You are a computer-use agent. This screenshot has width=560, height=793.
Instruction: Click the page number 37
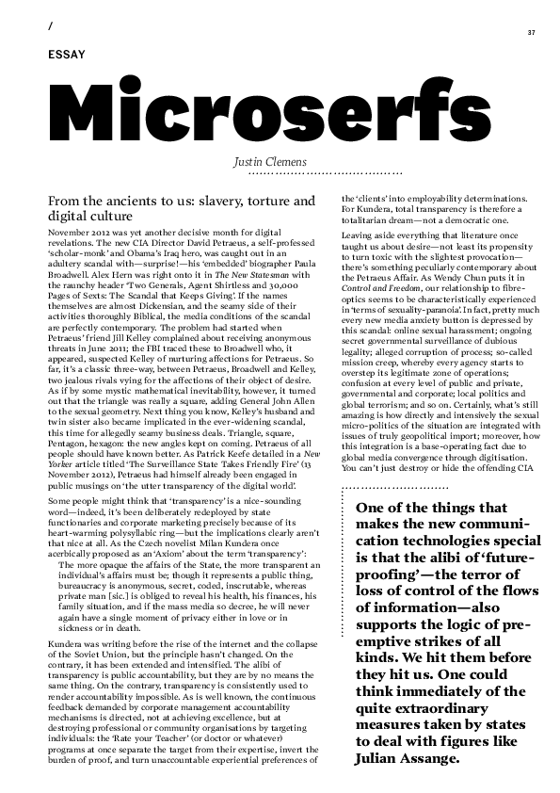click(532, 33)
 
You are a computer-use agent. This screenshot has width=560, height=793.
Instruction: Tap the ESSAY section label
click(65, 56)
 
